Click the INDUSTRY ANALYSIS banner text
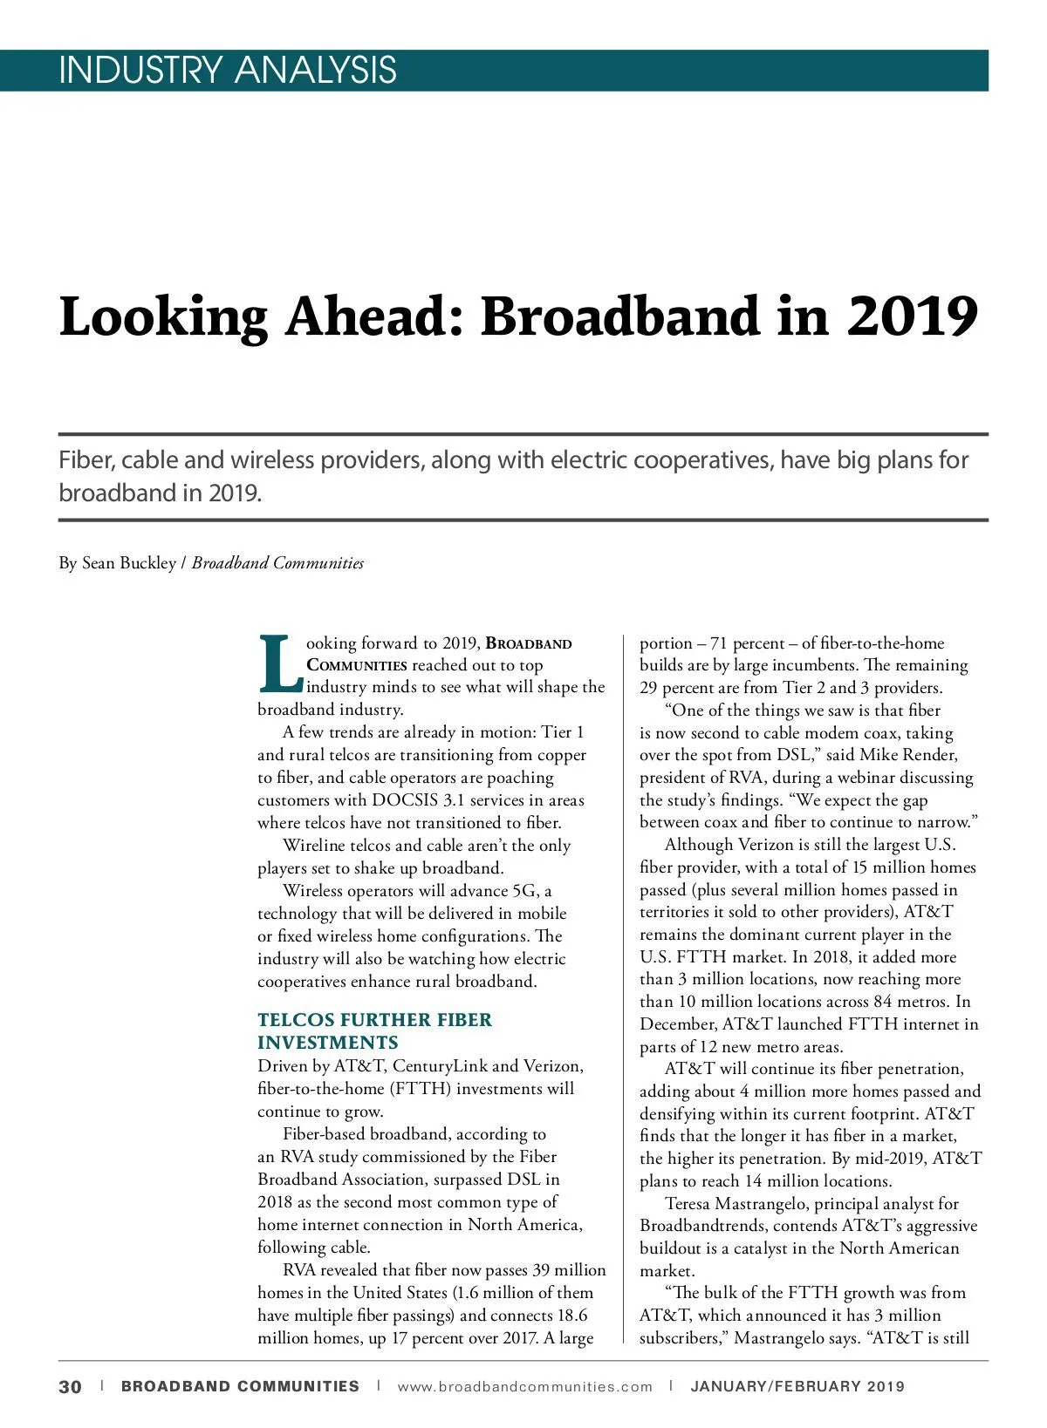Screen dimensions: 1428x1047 tap(228, 70)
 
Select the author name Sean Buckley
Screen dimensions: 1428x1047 tap(129, 563)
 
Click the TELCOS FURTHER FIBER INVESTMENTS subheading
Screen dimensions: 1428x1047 tap(374, 1031)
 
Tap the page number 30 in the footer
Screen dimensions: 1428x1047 tap(71, 1386)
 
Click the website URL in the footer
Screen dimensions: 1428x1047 tap(524, 1386)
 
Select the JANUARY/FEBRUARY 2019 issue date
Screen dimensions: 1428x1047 tap(797, 1386)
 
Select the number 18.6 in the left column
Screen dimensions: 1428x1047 tap(571, 1316)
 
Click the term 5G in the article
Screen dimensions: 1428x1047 tap(523, 891)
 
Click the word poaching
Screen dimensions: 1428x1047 tap(520, 778)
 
